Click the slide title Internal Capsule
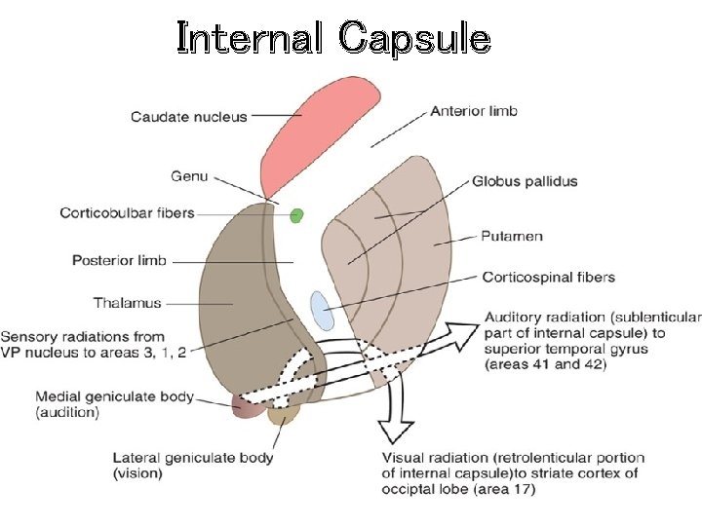coord(333,38)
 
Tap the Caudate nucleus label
coord(189,117)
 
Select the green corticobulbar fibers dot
coord(296,215)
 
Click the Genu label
coord(189,176)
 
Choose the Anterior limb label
coord(474,111)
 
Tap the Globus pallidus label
coord(525,181)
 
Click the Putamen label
coord(512,236)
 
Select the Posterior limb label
coord(119,261)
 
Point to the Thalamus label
coord(127,303)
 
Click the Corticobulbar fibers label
coord(127,212)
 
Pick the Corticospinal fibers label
coord(549,278)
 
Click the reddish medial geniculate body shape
coord(248,407)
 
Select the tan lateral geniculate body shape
coord(283,417)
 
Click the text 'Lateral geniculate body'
coord(193,458)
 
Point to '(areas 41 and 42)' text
coord(545,364)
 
